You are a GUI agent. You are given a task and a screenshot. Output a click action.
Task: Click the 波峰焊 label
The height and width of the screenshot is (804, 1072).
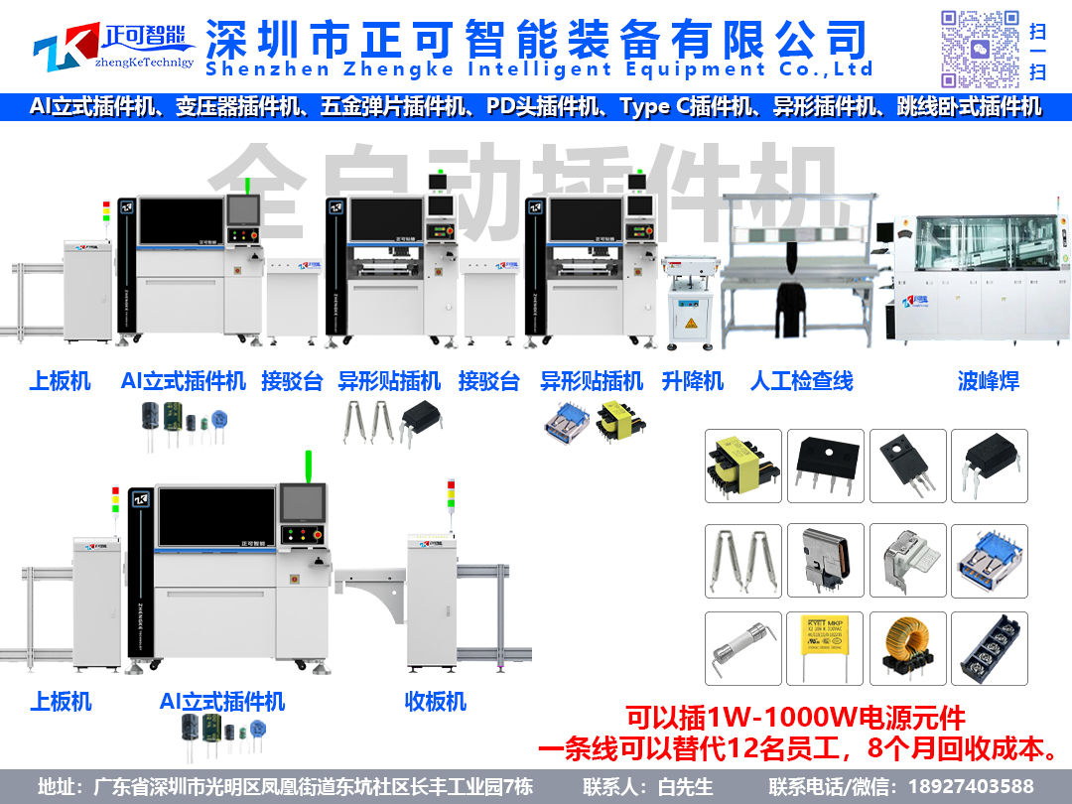pos(988,381)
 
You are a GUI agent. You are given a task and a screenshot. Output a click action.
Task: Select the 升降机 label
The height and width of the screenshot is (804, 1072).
pos(693,381)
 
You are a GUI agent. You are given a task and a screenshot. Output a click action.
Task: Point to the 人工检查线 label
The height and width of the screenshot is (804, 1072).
pos(801,381)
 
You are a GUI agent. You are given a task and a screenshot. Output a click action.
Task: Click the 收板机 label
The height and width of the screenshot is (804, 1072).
pos(435,701)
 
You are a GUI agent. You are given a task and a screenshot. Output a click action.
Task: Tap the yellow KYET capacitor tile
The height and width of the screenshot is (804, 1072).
pos(824,648)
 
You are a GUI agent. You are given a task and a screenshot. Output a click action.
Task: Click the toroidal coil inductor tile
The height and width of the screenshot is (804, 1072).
pos(906,648)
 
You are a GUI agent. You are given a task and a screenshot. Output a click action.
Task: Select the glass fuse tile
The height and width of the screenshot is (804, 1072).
pos(742,648)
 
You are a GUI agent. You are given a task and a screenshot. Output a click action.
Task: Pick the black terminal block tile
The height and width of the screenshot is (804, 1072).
pos(989,648)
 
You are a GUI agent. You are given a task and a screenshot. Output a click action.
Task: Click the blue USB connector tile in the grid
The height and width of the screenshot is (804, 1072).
pos(989,561)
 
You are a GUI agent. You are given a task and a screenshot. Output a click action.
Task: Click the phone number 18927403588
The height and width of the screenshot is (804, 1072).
pos(978,786)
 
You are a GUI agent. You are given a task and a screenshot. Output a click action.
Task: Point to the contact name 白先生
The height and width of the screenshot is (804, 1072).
pos(686,786)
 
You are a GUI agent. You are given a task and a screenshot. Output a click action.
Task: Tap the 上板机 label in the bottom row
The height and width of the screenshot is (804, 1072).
pos(61,701)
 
